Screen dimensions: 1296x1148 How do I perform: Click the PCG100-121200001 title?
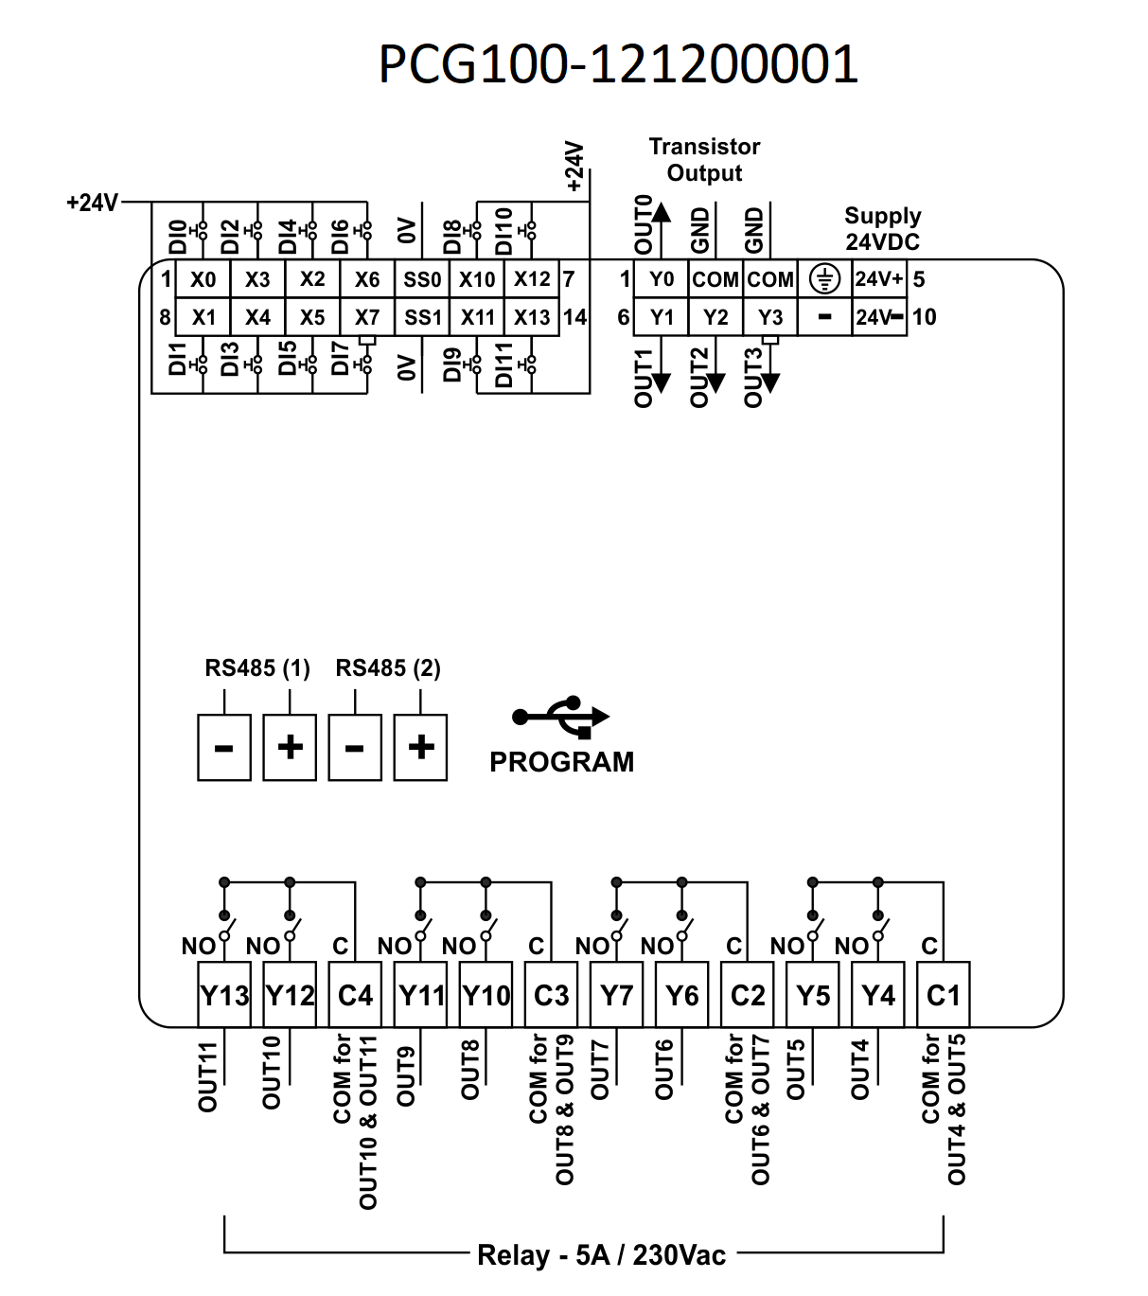(x=618, y=64)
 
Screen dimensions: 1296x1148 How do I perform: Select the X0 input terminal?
(x=203, y=279)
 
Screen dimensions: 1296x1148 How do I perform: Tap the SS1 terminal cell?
(x=422, y=317)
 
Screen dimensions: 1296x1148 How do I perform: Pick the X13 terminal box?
(x=532, y=317)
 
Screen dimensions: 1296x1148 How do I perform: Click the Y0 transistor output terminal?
(x=661, y=279)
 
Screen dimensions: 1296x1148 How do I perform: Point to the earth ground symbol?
(x=825, y=279)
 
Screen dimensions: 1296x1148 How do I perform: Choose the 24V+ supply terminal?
(x=879, y=279)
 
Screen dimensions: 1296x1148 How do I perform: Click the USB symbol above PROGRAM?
(x=561, y=717)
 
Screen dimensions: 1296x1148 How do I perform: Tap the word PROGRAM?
(x=561, y=762)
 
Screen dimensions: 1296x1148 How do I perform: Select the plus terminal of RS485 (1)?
(x=290, y=748)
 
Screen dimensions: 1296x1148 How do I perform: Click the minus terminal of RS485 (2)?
(x=355, y=748)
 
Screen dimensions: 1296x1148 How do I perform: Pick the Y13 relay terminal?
(x=224, y=995)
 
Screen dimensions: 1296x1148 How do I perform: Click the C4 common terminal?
(x=355, y=995)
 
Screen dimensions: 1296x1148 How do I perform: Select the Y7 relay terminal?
(x=617, y=995)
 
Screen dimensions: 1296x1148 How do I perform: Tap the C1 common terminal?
(x=944, y=995)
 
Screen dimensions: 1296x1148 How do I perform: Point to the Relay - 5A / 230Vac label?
(x=601, y=1255)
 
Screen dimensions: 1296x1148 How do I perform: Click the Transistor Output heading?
(x=704, y=160)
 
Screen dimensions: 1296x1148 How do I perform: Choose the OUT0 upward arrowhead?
(x=662, y=212)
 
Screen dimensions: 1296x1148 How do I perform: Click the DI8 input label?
(x=452, y=237)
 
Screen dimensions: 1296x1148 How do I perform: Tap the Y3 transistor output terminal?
(x=770, y=317)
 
